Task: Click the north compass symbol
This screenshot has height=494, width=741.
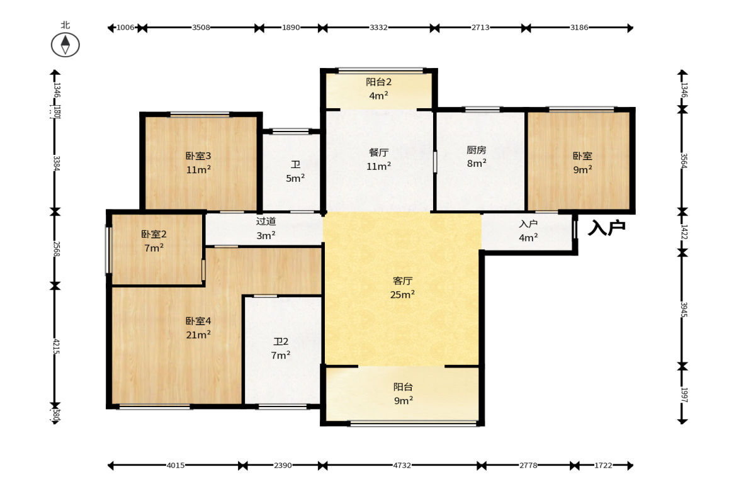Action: (x=65, y=45)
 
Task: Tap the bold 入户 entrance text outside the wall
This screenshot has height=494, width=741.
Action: (x=607, y=228)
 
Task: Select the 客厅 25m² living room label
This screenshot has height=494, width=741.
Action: (x=403, y=288)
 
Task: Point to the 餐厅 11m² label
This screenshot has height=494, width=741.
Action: (x=378, y=159)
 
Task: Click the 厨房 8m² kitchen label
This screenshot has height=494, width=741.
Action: (x=477, y=156)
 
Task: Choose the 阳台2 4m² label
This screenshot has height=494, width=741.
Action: (x=378, y=89)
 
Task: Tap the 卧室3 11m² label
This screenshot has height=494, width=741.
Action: (x=198, y=162)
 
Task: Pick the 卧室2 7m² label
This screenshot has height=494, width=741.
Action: (x=154, y=241)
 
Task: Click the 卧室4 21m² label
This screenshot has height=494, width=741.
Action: (x=198, y=328)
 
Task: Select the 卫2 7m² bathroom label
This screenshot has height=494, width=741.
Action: (x=281, y=348)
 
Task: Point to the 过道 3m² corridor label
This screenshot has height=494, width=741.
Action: (x=266, y=228)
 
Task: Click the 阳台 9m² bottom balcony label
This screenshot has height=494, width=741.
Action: (x=403, y=393)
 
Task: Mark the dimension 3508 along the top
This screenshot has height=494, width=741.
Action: (x=201, y=28)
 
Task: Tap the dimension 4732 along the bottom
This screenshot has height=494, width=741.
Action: (x=402, y=465)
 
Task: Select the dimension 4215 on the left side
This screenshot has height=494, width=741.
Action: (x=56, y=346)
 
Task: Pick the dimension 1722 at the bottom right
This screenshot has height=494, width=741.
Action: (x=603, y=465)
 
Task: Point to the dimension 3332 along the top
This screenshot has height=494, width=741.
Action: (x=378, y=28)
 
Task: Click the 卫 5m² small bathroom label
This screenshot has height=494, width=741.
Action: (x=295, y=171)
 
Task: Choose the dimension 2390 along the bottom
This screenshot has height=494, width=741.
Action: (x=283, y=465)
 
